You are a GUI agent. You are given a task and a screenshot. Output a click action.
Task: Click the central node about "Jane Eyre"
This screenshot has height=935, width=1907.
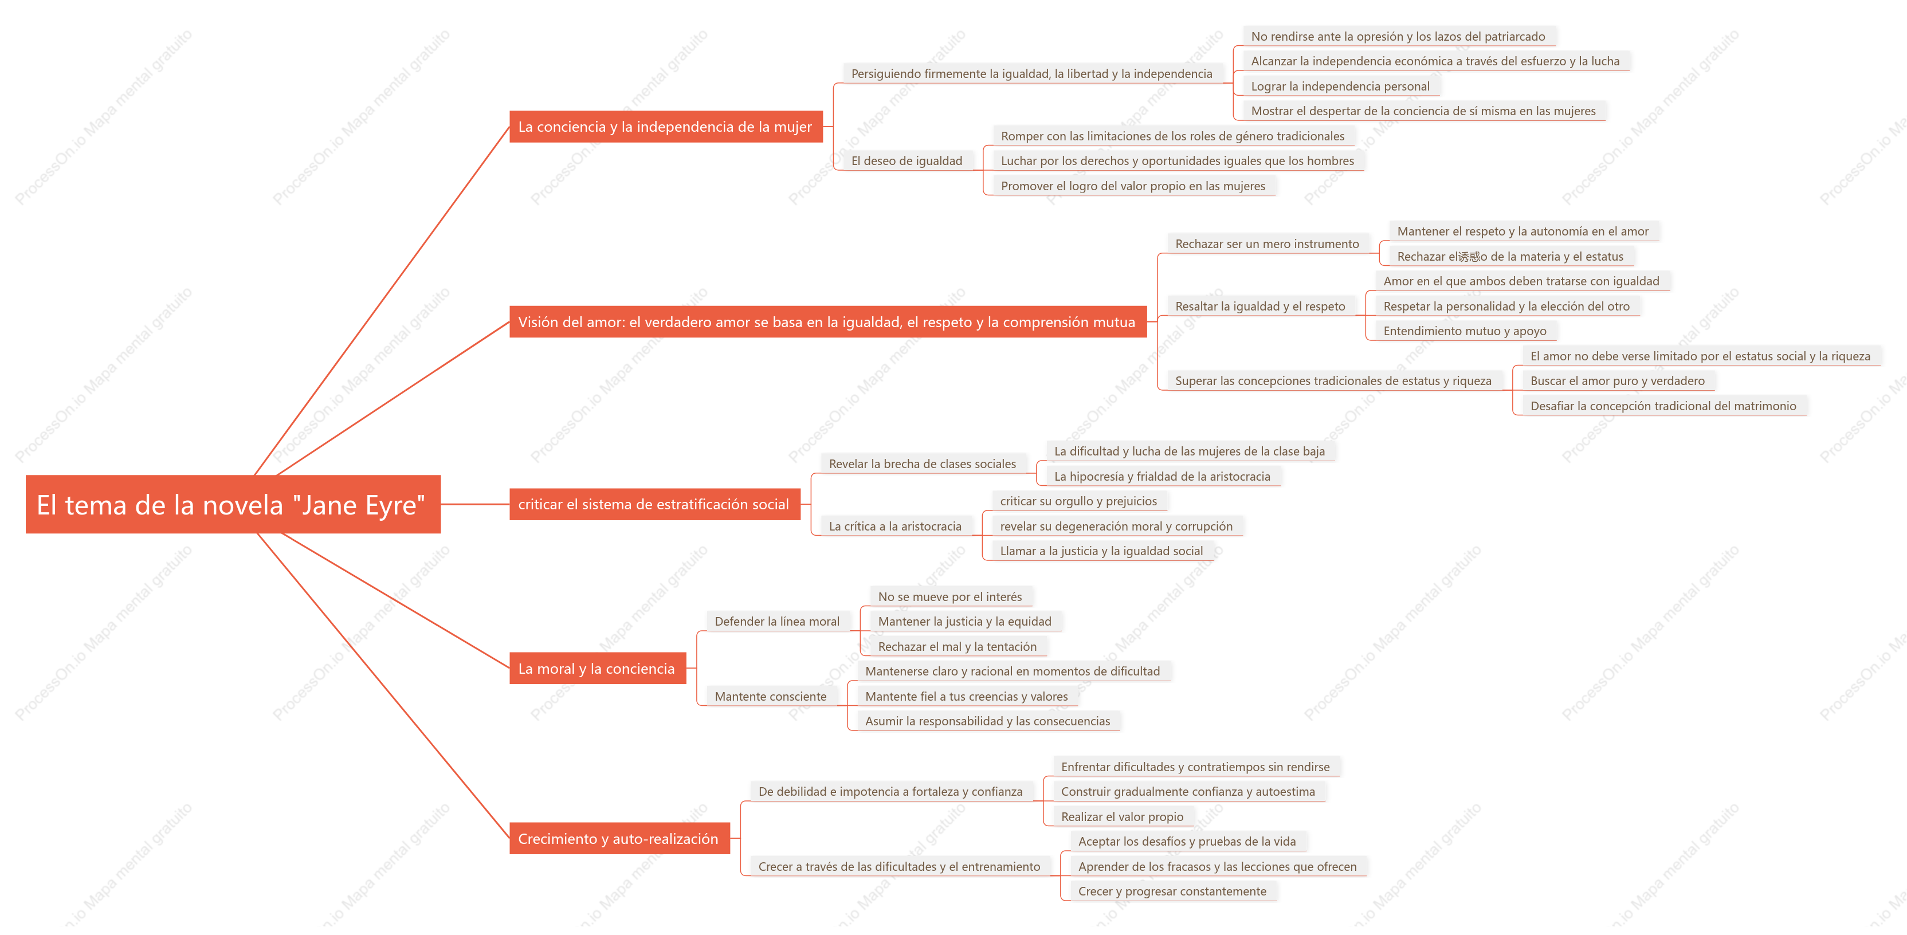click(233, 504)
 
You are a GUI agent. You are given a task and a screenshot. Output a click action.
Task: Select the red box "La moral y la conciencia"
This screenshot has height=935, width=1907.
click(598, 669)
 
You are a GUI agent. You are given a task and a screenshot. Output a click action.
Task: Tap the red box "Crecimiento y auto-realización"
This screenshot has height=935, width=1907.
click(619, 839)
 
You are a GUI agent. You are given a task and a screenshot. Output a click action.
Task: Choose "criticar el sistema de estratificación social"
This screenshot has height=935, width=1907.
click(654, 504)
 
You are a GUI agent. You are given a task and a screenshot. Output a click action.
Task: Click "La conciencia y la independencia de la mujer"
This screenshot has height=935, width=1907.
click(665, 127)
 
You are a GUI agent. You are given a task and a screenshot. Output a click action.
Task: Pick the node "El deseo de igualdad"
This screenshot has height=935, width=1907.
click(907, 160)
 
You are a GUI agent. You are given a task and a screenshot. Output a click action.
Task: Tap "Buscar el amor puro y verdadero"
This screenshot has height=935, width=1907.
click(1617, 380)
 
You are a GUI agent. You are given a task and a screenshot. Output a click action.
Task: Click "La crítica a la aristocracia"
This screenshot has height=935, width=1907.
click(895, 527)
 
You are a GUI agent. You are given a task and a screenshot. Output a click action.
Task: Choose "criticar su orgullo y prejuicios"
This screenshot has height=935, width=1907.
click(1078, 501)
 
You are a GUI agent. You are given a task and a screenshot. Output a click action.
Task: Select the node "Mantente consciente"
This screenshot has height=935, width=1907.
click(770, 697)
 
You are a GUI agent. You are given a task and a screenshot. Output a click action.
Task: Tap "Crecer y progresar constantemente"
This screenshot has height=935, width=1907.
click(1172, 891)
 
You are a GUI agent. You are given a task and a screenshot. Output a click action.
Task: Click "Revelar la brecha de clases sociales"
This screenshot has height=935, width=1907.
click(923, 464)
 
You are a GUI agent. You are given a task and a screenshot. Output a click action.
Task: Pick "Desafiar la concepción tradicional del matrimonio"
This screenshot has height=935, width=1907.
click(1663, 406)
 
